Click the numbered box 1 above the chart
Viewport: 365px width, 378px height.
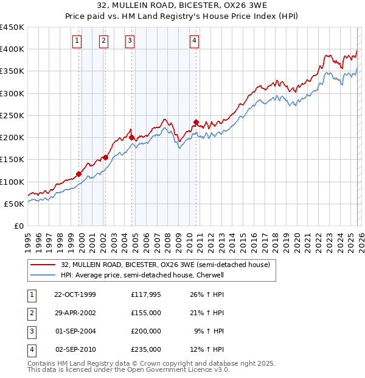pos(78,41)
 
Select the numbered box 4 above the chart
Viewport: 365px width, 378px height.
pos(194,41)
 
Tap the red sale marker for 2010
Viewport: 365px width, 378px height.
pos(196,122)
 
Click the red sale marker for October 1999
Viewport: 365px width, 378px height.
pos(79,174)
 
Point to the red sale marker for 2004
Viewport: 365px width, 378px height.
pos(131,138)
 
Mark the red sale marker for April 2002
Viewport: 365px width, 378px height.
pos(105,157)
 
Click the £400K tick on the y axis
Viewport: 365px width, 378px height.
pos(12,49)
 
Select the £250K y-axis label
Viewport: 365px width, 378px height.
pos(12,115)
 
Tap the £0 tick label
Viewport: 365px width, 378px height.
pos(18,226)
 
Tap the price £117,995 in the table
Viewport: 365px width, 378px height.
pos(146,294)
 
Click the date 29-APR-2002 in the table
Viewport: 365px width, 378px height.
pos(75,313)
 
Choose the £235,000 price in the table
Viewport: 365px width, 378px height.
pos(146,349)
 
